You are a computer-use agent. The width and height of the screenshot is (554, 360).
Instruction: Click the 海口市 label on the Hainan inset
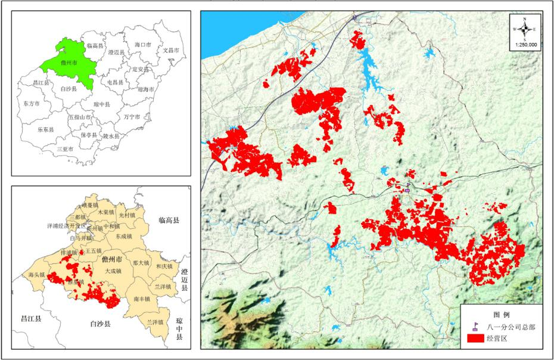(144, 45)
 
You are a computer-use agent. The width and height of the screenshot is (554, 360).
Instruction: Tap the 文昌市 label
(172, 51)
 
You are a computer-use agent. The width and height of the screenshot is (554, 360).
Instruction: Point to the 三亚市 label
(66, 148)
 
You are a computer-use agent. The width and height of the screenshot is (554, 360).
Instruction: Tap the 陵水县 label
(111, 136)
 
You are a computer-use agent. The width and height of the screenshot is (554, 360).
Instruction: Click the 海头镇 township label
(37, 275)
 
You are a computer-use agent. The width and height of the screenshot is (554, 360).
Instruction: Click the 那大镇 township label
(141, 262)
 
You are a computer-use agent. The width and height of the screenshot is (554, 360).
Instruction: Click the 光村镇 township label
(127, 214)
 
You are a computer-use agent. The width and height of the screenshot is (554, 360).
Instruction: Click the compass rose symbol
(525, 29)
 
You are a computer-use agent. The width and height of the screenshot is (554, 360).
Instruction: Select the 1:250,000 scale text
(525, 45)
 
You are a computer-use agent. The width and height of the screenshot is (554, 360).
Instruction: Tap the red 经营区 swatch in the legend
(476, 339)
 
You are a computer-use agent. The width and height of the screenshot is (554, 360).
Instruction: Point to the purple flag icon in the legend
(476, 326)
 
